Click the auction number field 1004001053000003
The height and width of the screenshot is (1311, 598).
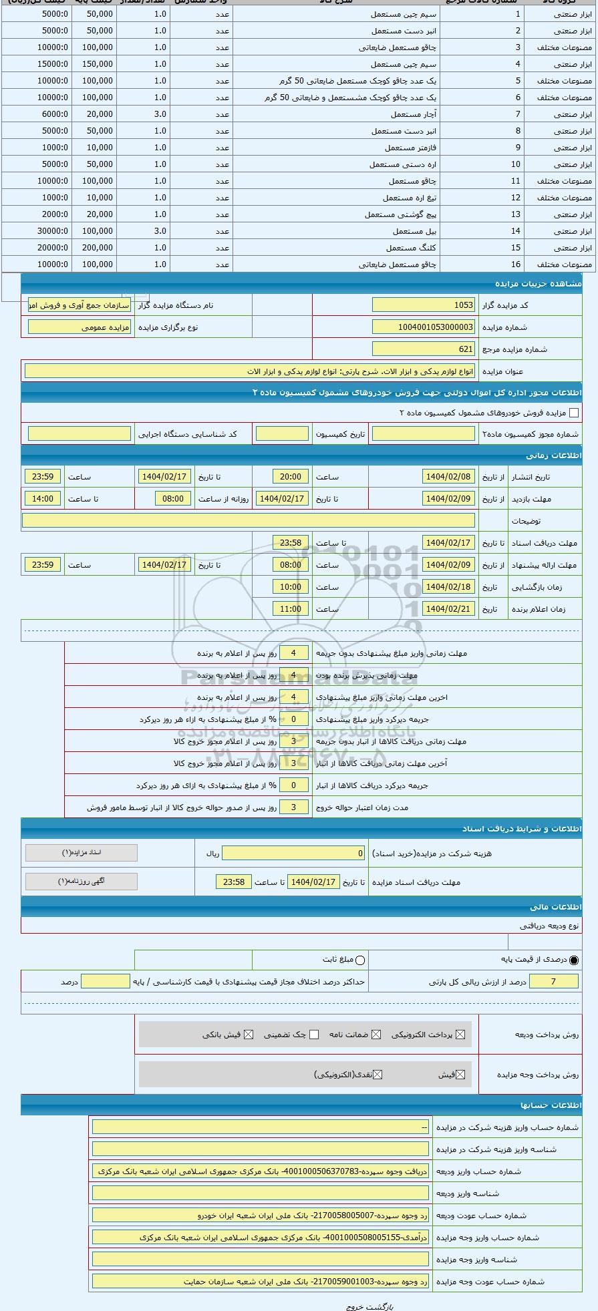[x=424, y=327]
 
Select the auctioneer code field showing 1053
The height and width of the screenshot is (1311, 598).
[x=424, y=305]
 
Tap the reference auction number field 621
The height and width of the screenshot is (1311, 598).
[x=424, y=349]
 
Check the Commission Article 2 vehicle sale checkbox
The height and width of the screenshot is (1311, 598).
[x=573, y=413]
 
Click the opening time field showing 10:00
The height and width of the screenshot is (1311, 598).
[x=291, y=587]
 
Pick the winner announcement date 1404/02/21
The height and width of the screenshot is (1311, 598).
[x=448, y=609]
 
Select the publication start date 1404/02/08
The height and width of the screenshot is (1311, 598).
[x=448, y=477]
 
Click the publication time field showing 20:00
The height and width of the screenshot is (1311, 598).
[x=291, y=477]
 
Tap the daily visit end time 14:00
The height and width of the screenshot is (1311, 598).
[x=43, y=499]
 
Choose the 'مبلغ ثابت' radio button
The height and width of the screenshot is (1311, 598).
[x=361, y=960]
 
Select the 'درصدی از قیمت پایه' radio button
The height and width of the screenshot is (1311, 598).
[x=574, y=960]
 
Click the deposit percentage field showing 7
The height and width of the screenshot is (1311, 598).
[x=553, y=981]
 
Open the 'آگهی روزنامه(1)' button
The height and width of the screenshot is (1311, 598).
[x=82, y=881]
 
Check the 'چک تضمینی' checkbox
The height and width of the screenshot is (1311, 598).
[x=314, y=1035]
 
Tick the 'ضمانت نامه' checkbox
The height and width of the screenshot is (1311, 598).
[x=376, y=1035]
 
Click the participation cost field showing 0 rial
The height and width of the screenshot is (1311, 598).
[x=293, y=853]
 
